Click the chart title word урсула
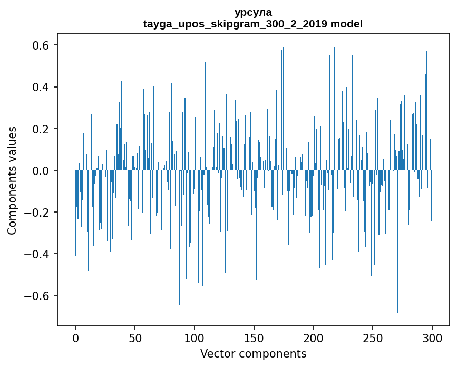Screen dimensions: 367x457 [x=253, y=12]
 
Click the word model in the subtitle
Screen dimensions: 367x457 [x=346, y=24]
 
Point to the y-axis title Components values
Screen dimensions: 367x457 [x=12, y=180]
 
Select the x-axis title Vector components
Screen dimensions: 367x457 [x=253, y=353]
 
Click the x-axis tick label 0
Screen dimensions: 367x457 [x=75, y=337]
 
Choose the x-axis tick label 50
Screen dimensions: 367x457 [x=135, y=337]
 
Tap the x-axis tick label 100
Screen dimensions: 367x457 [x=195, y=337]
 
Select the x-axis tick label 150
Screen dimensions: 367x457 [x=254, y=337]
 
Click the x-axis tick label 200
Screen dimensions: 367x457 [x=314, y=337]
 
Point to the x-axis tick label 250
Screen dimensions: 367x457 [x=373, y=337]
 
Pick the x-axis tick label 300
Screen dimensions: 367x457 [x=432, y=337]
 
